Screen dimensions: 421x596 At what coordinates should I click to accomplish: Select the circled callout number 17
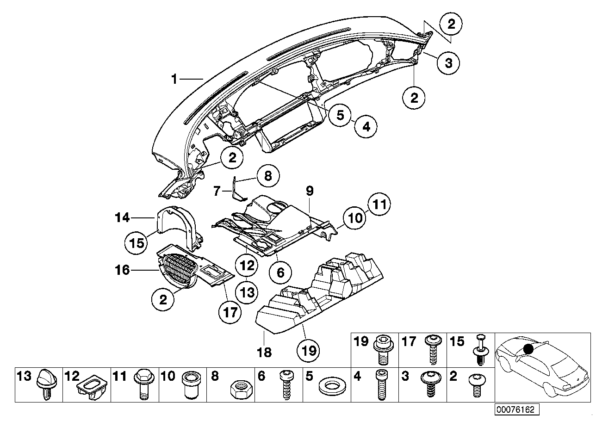(230, 313)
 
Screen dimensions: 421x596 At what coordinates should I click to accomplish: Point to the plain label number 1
(174, 80)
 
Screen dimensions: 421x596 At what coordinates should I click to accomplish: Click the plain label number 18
(264, 353)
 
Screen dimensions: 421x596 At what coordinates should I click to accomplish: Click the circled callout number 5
(340, 115)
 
